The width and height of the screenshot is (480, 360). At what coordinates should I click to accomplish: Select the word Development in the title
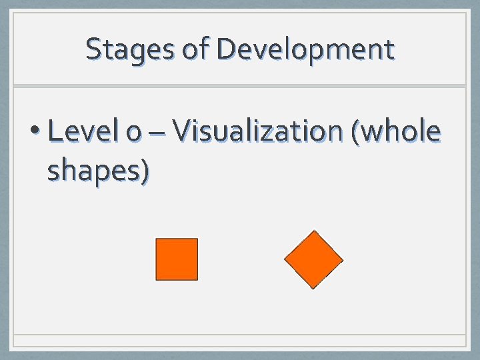(305, 49)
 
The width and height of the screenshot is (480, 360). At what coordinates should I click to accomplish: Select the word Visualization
(257, 132)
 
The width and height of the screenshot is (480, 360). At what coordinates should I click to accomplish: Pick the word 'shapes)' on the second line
(98, 171)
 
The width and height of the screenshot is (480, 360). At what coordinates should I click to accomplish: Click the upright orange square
(177, 259)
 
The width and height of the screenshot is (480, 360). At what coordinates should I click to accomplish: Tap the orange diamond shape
(313, 259)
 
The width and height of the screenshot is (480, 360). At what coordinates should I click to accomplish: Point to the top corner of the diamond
(313, 231)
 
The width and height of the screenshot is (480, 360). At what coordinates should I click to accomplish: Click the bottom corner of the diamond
(313, 288)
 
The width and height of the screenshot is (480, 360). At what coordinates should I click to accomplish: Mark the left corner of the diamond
(285, 259)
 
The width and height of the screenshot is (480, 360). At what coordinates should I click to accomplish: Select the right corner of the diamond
(343, 259)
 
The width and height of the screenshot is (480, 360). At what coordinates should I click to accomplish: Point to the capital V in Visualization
(181, 132)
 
